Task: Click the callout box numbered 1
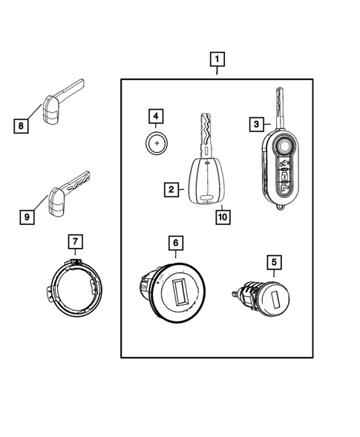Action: tap(217, 58)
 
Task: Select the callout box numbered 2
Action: tap(171, 190)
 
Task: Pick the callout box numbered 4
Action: tap(155, 116)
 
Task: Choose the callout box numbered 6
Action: tap(175, 243)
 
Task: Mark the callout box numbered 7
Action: tap(74, 241)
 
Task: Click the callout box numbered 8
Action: tap(23, 126)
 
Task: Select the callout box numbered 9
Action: tap(26, 217)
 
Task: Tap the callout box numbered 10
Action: tap(221, 217)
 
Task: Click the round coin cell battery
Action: tap(157, 142)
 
